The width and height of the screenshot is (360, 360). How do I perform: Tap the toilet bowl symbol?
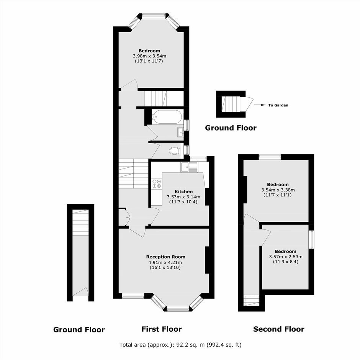click(175, 151)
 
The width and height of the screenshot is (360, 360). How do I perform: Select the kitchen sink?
click(189, 167)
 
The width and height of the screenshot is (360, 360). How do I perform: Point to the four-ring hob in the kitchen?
click(157, 183)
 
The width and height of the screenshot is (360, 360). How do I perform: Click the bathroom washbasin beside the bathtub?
click(180, 132)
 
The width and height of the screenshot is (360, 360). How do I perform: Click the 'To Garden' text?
click(278, 105)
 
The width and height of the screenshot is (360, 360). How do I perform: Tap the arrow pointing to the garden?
click(259, 105)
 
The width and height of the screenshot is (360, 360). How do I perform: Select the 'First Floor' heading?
click(162, 329)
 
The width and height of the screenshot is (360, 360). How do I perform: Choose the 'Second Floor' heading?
click(279, 329)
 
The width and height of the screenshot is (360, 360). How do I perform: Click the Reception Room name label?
click(166, 257)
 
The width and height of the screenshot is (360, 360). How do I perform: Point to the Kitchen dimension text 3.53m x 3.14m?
click(183, 197)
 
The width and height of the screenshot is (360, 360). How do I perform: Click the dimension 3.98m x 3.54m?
click(149, 56)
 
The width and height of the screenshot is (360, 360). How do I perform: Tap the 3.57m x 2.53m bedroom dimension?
click(286, 257)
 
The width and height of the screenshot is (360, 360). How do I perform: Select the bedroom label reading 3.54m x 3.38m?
click(278, 190)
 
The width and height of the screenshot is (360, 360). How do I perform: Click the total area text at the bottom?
click(180, 345)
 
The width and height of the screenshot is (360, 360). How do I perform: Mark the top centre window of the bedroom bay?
click(154, 16)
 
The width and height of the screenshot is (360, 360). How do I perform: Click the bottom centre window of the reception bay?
click(178, 309)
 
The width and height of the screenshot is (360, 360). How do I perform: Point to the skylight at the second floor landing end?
click(252, 300)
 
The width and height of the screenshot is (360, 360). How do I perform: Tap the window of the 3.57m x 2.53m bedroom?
click(311, 239)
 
